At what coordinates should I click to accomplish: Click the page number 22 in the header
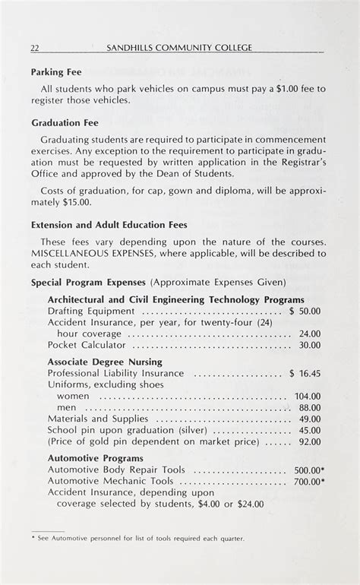[35, 49]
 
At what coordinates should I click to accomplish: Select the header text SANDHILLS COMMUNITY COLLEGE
[180, 49]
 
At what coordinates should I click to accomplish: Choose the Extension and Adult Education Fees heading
[109, 225]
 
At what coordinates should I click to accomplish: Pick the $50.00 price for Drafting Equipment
[305, 311]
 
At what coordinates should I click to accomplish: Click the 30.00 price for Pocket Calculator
[309, 344]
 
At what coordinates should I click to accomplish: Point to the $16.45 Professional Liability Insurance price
[305, 373]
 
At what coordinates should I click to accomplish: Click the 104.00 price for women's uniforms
[308, 396]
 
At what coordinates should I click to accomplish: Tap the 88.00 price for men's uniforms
[309, 407]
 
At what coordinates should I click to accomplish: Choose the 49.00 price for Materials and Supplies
[309, 419]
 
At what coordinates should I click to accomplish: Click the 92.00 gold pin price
[309, 441]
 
